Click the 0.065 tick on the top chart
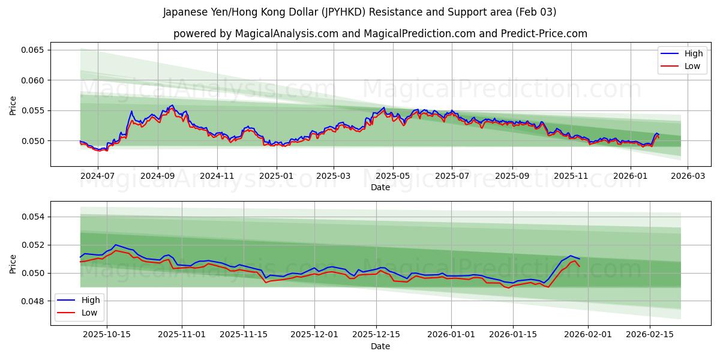click(32, 50)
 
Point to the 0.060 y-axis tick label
click(32, 80)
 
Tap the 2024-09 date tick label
click(158, 176)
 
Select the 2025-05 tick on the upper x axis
click(393, 176)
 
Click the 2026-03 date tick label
click(688, 176)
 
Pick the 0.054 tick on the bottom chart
click(32, 217)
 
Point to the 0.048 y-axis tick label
click(32, 301)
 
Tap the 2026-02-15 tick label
click(649, 335)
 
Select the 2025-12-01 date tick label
click(315, 335)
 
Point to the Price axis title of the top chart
click(13, 104)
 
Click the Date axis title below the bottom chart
click(380, 346)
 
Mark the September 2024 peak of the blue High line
click(172, 105)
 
